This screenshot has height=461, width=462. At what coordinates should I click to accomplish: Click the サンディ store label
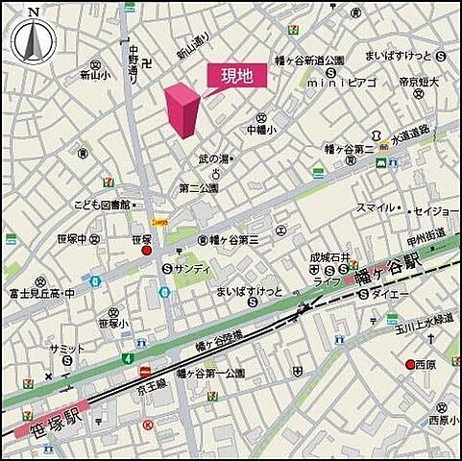(x=192, y=269)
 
